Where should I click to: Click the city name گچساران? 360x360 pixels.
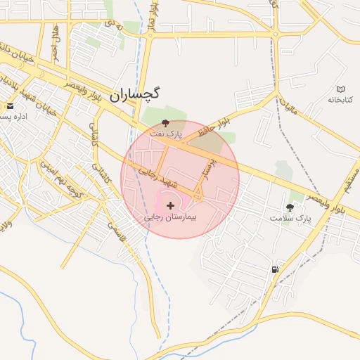pyautogui.click(x=135, y=94)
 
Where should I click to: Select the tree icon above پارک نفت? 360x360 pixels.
pyautogui.click(x=166, y=122)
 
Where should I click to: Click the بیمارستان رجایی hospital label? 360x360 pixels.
pyautogui.click(x=171, y=217)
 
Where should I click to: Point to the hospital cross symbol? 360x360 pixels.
pyautogui.click(x=171, y=205)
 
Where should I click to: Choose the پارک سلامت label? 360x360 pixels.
pyautogui.click(x=290, y=219)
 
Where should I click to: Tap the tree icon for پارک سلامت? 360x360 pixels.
pyautogui.click(x=290, y=207)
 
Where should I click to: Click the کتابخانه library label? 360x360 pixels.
pyautogui.click(x=340, y=101)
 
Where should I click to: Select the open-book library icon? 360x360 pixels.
pyautogui.click(x=341, y=89)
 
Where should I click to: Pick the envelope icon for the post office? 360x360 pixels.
pyautogui.click(x=10, y=106)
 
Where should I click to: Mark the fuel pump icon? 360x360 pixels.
pyautogui.click(x=274, y=269)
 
